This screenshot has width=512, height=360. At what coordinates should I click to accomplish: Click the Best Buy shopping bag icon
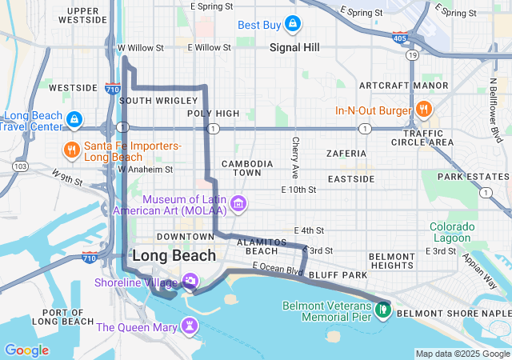click(x=293, y=25)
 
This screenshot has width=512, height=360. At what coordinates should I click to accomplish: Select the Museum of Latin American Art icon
click(x=238, y=205)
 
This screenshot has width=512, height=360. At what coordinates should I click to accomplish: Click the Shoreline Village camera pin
click(x=191, y=281)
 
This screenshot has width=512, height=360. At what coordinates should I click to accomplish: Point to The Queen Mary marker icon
click(x=190, y=326)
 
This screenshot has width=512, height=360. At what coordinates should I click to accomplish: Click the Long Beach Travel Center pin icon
click(x=74, y=121)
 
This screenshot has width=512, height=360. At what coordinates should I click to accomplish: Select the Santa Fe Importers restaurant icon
click(x=72, y=150)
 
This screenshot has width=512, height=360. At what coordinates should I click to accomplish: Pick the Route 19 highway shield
click(x=412, y=54)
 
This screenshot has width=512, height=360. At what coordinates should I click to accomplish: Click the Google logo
click(x=26, y=350)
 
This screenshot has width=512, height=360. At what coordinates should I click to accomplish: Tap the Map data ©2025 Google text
click(x=462, y=354)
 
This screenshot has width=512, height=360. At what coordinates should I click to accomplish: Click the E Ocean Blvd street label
click(x=278, y=269)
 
